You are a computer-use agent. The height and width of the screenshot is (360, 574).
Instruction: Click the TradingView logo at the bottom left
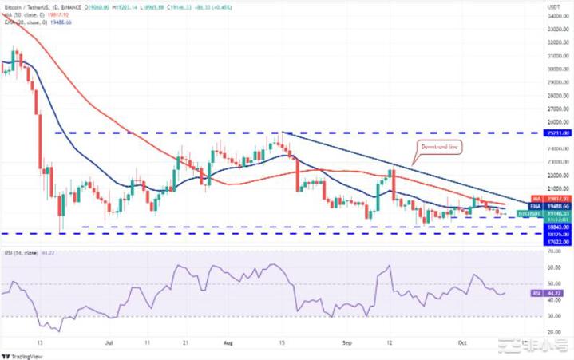coord(24,354)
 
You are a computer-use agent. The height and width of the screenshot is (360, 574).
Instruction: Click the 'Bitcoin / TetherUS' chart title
coord(32,5)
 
